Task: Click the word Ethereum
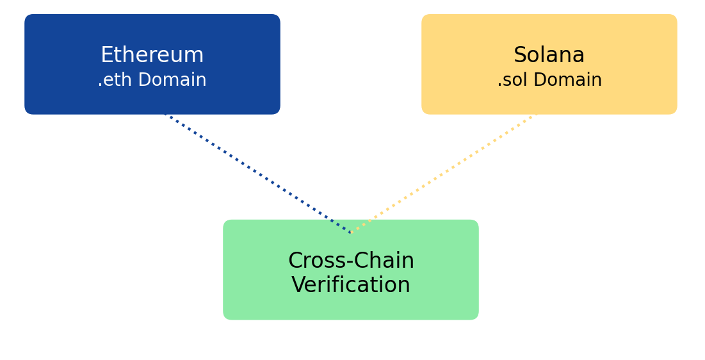tap(152, 55)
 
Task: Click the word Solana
tap(549, 55)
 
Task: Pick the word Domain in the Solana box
tap(569, 81)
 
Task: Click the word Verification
tap(351, 285)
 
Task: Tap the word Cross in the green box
tap(312, 261)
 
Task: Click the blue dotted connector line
tap(256, 173)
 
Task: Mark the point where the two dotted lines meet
tap(351, 233)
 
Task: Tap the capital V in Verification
tap(298, 285)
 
